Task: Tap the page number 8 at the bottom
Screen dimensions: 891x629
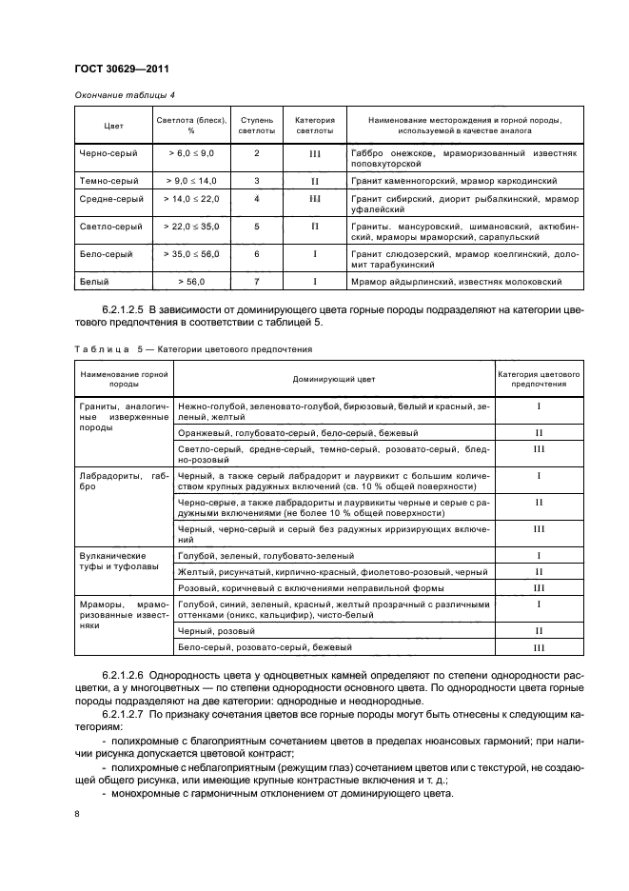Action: (x=76, y=814)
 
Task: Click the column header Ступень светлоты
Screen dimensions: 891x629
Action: (x=257, y=126)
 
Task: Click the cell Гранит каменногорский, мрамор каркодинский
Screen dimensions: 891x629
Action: (x=452, y=180)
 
